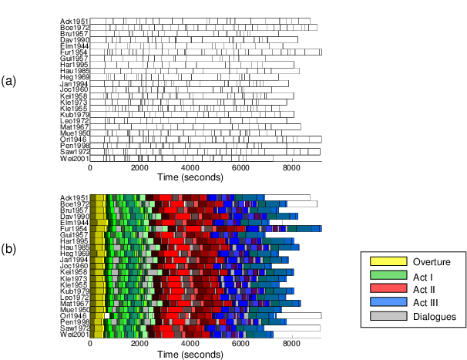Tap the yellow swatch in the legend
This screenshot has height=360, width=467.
[x=388, y=262]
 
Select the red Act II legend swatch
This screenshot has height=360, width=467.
[x=388, y=288]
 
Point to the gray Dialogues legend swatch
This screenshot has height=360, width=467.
[x=388, y=315]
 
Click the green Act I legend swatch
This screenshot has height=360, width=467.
[x=388, y=275]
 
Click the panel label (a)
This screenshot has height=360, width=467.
[x=8, y=80]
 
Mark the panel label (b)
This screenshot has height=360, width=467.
[x=8, y=249]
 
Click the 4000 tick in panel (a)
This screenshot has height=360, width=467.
[x=190, y=169]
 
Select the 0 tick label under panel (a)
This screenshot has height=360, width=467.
[x=90, y=169]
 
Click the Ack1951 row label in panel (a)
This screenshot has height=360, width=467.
[x=75, y=21]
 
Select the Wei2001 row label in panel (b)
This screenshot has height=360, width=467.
[x=75, y=335]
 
